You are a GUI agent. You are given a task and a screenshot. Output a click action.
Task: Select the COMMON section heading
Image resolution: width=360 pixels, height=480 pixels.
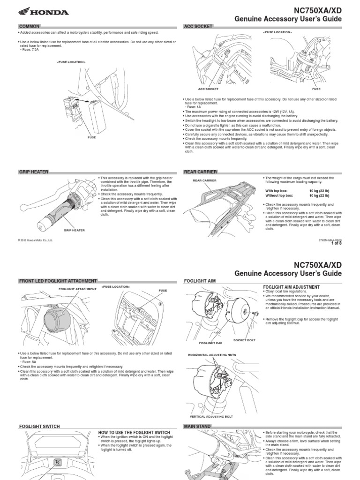(29, 26)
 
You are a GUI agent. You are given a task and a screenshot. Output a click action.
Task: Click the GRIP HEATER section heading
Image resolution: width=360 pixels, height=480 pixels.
(34, 172)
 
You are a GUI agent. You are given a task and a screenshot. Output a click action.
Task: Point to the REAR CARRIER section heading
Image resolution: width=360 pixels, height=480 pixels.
(201, 172)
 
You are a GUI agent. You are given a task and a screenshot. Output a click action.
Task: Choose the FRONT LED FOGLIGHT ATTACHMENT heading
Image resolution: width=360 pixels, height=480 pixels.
(58, 281)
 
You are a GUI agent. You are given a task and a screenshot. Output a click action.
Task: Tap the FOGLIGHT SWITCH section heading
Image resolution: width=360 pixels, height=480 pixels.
(39, 426)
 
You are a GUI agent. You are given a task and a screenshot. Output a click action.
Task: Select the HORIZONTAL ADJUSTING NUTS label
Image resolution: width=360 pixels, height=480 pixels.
(210, 355)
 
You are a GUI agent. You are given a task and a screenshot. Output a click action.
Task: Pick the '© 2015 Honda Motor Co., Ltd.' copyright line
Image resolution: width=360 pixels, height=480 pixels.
(35, 240)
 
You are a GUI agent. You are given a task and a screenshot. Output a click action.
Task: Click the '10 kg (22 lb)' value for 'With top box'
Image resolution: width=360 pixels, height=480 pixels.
(321, 191)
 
